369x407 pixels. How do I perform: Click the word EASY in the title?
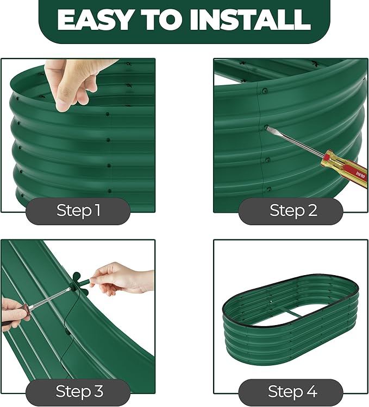point(95,20)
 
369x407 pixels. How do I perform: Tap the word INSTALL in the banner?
point(250,20)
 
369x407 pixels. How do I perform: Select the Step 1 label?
point(78,210)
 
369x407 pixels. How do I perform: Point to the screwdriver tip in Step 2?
point(267,127)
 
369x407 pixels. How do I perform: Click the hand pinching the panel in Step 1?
point(76,83)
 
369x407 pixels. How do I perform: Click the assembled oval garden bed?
point(290,311)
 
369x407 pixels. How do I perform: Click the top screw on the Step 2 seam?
point(265,91)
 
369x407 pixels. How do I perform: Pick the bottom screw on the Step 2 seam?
point(268,189)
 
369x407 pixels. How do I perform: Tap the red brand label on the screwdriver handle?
point(361,176)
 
